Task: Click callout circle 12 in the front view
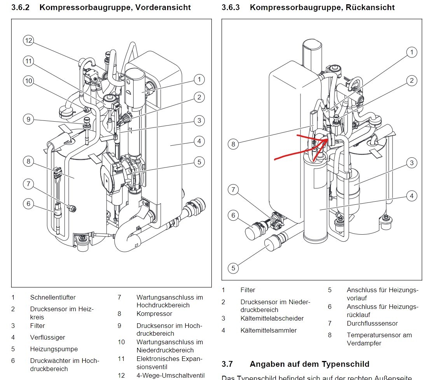(x=28, y=40)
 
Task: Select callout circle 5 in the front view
(x=199, y=162)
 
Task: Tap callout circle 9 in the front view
(x=28, y=119)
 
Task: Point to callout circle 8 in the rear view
(x=233, y=144)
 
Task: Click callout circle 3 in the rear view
(x=412, y=163)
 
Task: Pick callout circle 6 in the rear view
(x=233, y=215)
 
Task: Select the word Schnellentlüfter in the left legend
(x=53, y=298)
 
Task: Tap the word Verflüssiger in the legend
(x=47, y=337)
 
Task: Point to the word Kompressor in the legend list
(x=154, y=314)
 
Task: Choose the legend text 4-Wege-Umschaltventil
(x=170, y=376)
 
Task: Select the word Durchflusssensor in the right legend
(x=372, y=323)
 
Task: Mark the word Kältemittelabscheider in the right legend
(x=272, y=318)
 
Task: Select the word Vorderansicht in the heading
(x=166, y=7)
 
